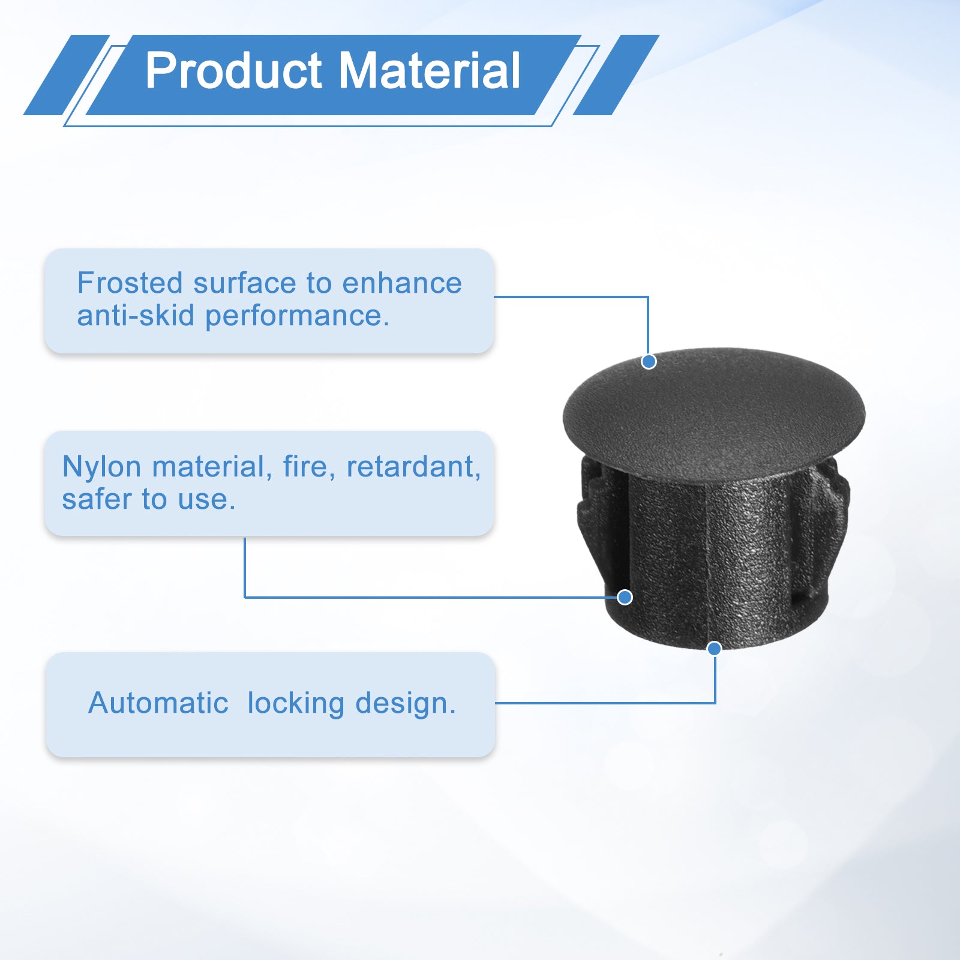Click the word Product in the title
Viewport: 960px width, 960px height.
[234, 71]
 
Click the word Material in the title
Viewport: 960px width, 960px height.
[430, 71]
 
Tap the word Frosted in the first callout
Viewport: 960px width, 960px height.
[130, 283]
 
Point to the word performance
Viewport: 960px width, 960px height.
[297, 316]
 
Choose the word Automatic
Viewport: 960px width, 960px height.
[158, 703]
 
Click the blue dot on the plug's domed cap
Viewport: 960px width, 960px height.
[649, 362]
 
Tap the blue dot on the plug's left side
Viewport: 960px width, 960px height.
[625, 597]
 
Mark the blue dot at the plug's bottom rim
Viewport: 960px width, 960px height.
[714, 649]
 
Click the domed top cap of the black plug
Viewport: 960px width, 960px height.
[714, 414]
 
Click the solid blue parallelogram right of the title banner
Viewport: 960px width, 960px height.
[616, 75]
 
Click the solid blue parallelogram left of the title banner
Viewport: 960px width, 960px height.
[67, 75]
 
